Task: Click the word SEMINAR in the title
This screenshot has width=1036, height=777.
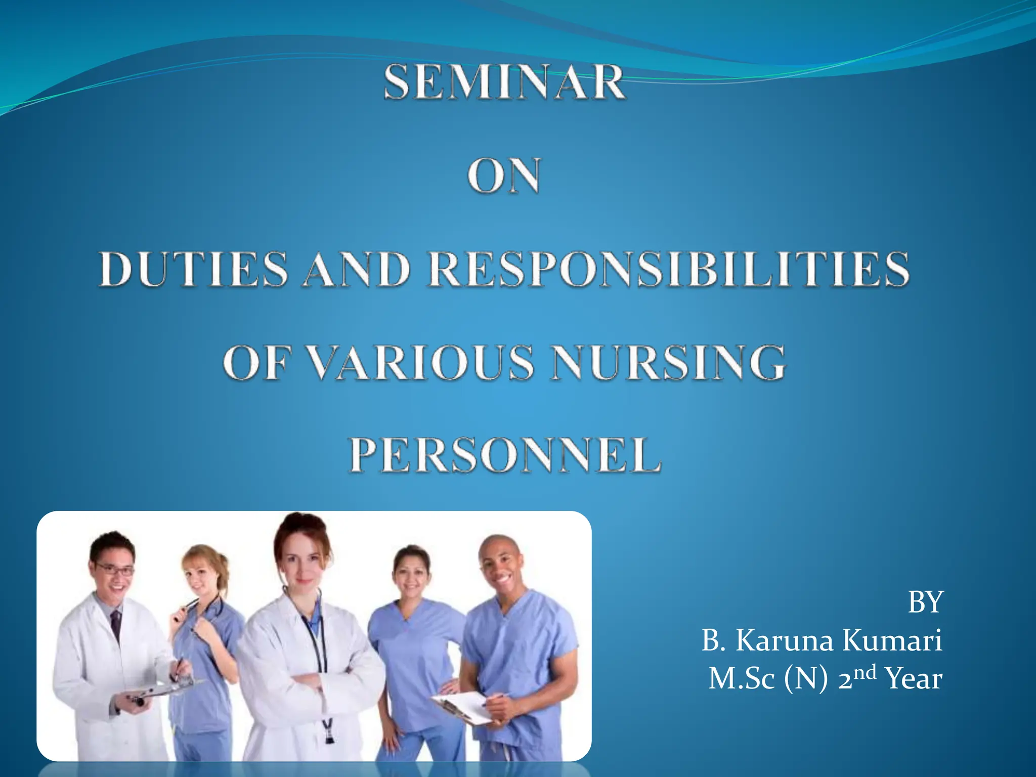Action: pyautogui.click(x=504, y=83)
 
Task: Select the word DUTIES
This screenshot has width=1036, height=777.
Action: pyautogui.click(x=193, y=269)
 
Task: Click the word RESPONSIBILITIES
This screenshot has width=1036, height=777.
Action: pyautogui.click(x=669, y=269)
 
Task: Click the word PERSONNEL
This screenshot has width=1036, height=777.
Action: pyautogui.click(x=504, y=455)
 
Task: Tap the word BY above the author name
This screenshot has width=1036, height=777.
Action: pyautogui.click(x=925, y=602)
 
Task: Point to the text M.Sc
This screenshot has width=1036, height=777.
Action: pyautogui.click(x=741, y=679)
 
